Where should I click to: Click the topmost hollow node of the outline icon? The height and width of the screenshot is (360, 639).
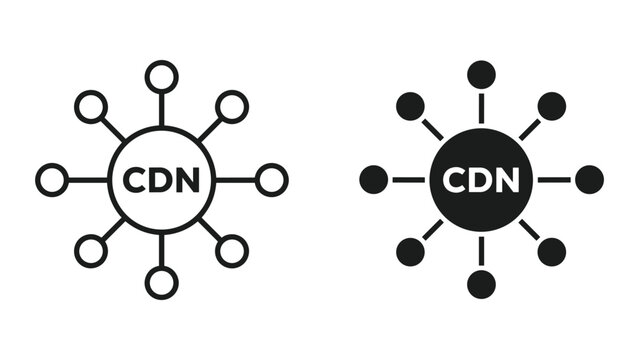(x=161, y=76)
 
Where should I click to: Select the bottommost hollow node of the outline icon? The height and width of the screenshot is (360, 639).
(x=161, y=283)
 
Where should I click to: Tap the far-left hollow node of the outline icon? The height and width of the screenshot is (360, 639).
(x=52, y=180)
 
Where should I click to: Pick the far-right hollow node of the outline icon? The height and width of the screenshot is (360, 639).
(x=271, y=180)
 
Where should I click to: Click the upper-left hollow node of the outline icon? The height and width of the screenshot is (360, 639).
(x=91, y=106)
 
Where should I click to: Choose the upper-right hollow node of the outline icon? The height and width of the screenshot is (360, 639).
(x=232, y=106)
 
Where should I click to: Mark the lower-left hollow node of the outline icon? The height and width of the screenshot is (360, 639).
(x=91, y=252)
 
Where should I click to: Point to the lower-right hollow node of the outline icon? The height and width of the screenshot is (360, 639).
(x=232, y=252)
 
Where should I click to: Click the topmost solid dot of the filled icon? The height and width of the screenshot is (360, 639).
(x=481, y=75)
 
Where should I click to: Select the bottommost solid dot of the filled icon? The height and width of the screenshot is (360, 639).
(x=481, y=284)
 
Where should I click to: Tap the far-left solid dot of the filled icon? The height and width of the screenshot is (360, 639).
(x=373, y=180)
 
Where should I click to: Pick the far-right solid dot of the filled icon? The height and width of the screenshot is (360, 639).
(x=590, y=180)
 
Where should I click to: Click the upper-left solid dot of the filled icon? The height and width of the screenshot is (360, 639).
(x=410, y=106)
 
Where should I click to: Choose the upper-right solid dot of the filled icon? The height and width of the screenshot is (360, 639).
(x=552, y=106)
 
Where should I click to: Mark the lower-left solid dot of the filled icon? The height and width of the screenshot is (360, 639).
(x=410, y=252)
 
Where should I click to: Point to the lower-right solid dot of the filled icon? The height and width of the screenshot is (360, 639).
(x=552, y=252)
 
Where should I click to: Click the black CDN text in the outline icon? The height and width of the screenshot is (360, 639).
(x=161, y=181)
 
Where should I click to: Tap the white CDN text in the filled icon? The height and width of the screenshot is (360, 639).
(x=481, y=181)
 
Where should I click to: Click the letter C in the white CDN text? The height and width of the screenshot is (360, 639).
(x=454, y=181)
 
